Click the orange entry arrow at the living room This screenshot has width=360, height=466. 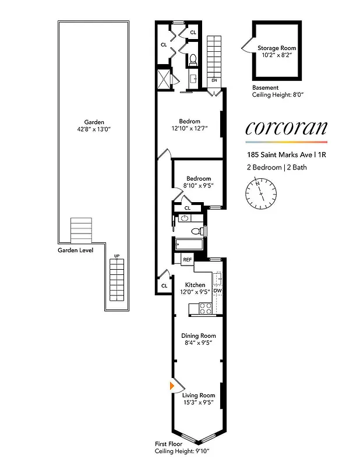point(172,386)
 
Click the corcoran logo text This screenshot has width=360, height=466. point(286,128)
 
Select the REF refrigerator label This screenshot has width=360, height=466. point(188,260)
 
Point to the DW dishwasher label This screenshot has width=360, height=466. point(217,290)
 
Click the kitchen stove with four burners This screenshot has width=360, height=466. point(205,308)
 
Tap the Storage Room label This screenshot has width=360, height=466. point(277,48)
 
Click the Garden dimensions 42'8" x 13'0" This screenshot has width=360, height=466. point(89,129)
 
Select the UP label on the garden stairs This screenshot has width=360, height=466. point(117,256)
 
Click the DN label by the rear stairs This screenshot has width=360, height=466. point(214,80)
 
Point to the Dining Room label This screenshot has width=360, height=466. point(199,336)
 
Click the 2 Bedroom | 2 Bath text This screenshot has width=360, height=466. point(276,167)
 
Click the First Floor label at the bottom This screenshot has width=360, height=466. point(168,444)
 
